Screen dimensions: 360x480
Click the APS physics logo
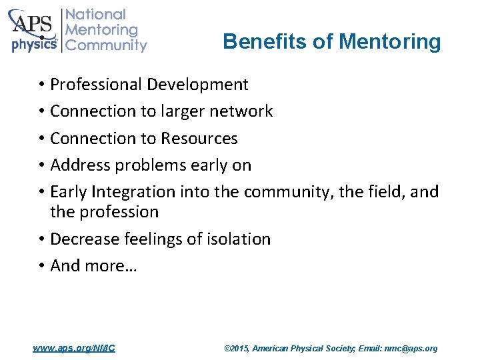[33, 31]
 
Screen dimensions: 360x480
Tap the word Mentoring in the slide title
[390, 42]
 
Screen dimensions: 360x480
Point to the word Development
[197, 85]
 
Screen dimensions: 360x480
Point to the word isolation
[237, 239]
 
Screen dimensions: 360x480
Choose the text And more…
[93, 265]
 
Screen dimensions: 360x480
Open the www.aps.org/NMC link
[74, 348]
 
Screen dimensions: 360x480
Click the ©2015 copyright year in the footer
[237, 348]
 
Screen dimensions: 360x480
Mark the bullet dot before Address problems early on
[41, 165]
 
